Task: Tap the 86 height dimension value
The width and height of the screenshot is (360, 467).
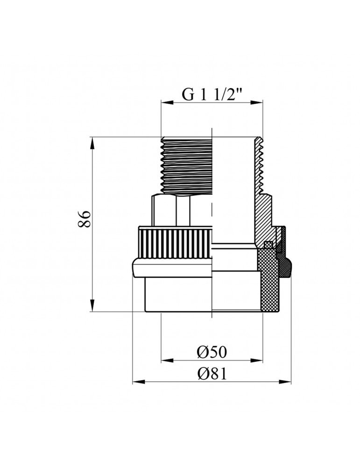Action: point(84,219)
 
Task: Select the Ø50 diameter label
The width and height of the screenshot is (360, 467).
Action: point(212,352)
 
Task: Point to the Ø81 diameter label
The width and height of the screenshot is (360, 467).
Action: point(212,373)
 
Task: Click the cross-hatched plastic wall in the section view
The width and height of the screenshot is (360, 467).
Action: point(268,280)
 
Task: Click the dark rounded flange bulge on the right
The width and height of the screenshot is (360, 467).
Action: point(286,266)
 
